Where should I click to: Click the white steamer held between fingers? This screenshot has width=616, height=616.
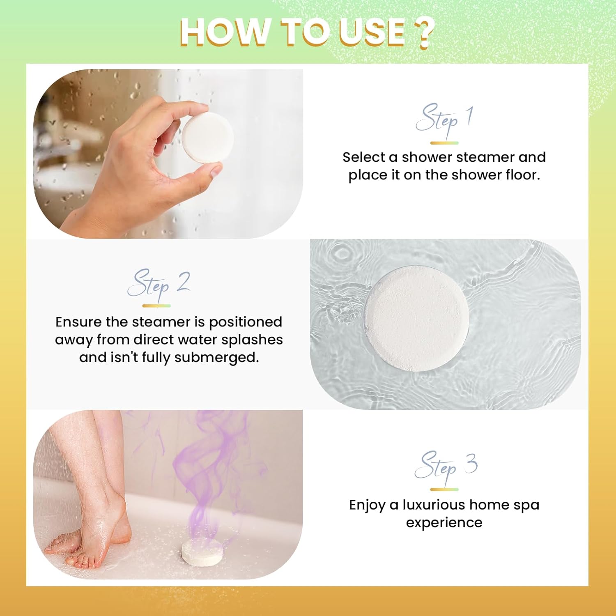(x=207, y=138)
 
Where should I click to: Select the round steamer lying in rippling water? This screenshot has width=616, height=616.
(x=417, y=319)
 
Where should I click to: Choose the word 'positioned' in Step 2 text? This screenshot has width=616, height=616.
(x=246, y=322)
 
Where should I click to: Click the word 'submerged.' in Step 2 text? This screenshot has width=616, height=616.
(x=216, y=357)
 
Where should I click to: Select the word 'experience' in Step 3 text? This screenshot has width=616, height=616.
(x=444, y=523)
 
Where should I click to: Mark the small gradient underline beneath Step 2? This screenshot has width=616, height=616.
(x=156, y=306)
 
